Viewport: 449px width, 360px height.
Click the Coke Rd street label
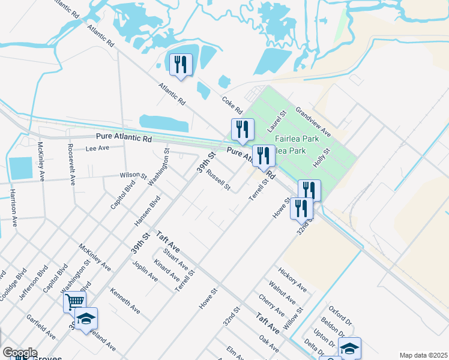232,106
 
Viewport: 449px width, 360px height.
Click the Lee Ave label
97,148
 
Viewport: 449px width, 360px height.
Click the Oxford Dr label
340,317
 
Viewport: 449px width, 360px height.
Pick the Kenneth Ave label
125,301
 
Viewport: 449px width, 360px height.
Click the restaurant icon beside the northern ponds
181,64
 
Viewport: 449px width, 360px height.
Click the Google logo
19,353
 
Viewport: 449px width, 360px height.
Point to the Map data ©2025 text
423,355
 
